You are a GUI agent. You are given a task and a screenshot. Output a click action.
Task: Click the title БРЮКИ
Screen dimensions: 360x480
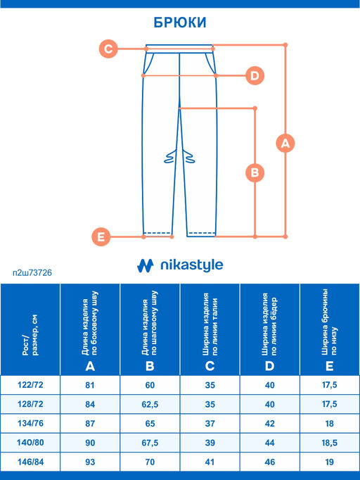coord(180,23)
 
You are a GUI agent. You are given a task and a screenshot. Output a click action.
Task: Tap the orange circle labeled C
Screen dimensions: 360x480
coord(108,49)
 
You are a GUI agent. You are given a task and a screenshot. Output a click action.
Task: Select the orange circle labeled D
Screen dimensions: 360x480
coord(255,75)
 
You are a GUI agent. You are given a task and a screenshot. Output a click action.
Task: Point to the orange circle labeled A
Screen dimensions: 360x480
coord(285,143)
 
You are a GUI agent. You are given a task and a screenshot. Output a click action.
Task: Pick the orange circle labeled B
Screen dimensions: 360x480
coord(255,172)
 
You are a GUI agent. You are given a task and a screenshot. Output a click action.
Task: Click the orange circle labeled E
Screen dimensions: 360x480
coord(101,237)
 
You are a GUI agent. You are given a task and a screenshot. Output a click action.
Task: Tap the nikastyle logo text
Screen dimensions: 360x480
coord(192,265)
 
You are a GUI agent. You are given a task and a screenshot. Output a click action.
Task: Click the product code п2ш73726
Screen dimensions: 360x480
coord(32,272)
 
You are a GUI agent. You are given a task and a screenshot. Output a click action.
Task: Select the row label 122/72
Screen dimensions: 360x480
coord(30,384)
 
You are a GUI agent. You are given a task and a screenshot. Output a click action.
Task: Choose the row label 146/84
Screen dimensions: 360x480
coord(30,462)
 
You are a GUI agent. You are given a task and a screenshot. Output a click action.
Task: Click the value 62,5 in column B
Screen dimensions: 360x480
coord(150,405)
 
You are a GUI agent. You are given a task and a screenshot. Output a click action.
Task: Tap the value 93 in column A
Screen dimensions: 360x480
coord(90,462)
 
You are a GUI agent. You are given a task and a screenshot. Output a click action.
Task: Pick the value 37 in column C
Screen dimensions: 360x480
coord(210,424)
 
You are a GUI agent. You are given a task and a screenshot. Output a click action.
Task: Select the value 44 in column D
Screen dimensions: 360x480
coord(269,443)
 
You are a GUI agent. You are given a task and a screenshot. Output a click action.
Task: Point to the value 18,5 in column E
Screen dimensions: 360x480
coord(329,443)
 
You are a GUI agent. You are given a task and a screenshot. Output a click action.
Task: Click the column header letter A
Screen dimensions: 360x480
coord(90,366)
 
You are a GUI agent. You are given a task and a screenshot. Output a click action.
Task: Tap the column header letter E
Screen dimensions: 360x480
coord(329,366)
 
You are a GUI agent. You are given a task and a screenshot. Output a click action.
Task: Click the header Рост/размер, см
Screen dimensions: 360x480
coord(30,335)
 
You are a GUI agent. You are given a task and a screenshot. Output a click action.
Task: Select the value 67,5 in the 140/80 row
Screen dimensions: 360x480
coord(150,443)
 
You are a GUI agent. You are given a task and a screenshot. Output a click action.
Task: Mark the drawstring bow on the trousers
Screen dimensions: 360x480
coord(179,156)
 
